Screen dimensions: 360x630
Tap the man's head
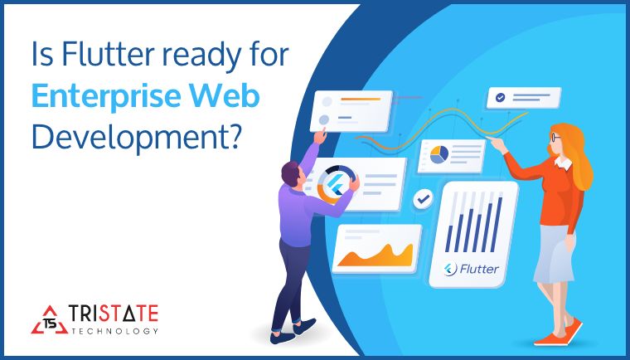(x=293, y=173)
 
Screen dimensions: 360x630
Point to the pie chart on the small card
(x=438, y=154)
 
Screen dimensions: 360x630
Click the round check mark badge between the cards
(x=424, y=199)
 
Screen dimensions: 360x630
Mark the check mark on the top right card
(x=501, y=98)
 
